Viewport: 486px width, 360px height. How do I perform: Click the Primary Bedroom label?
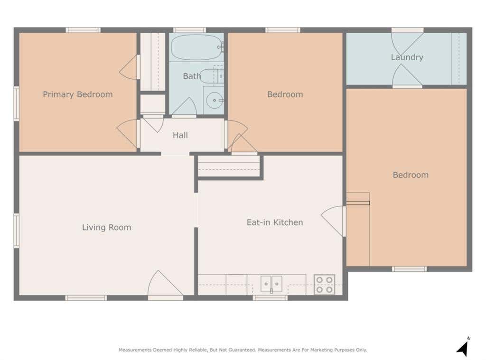pos(78,94)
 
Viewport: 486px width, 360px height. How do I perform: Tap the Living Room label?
pos(107,227)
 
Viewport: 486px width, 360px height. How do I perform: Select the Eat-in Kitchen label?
pos(275,222)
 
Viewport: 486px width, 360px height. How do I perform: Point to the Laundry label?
pos(407,57)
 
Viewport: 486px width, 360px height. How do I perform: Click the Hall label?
pos(180,135)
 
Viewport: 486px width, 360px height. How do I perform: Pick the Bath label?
pos(192,76)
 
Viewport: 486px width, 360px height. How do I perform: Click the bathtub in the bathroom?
pos(197,47)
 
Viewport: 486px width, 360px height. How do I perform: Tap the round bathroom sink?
pos(215,101)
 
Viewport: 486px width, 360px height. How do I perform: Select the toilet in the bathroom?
pos(212,76)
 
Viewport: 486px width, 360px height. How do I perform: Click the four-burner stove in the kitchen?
pos(324,285)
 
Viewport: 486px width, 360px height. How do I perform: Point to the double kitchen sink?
pos(271,284)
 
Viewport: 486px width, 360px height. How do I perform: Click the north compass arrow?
pos(463,348)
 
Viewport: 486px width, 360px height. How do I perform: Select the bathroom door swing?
pos(184,107)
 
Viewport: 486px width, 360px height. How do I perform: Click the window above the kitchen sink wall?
pos(270,298)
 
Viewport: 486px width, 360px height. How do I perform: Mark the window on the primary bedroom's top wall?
pos(83,30)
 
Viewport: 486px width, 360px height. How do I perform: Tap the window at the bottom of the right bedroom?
pos(409,269)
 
